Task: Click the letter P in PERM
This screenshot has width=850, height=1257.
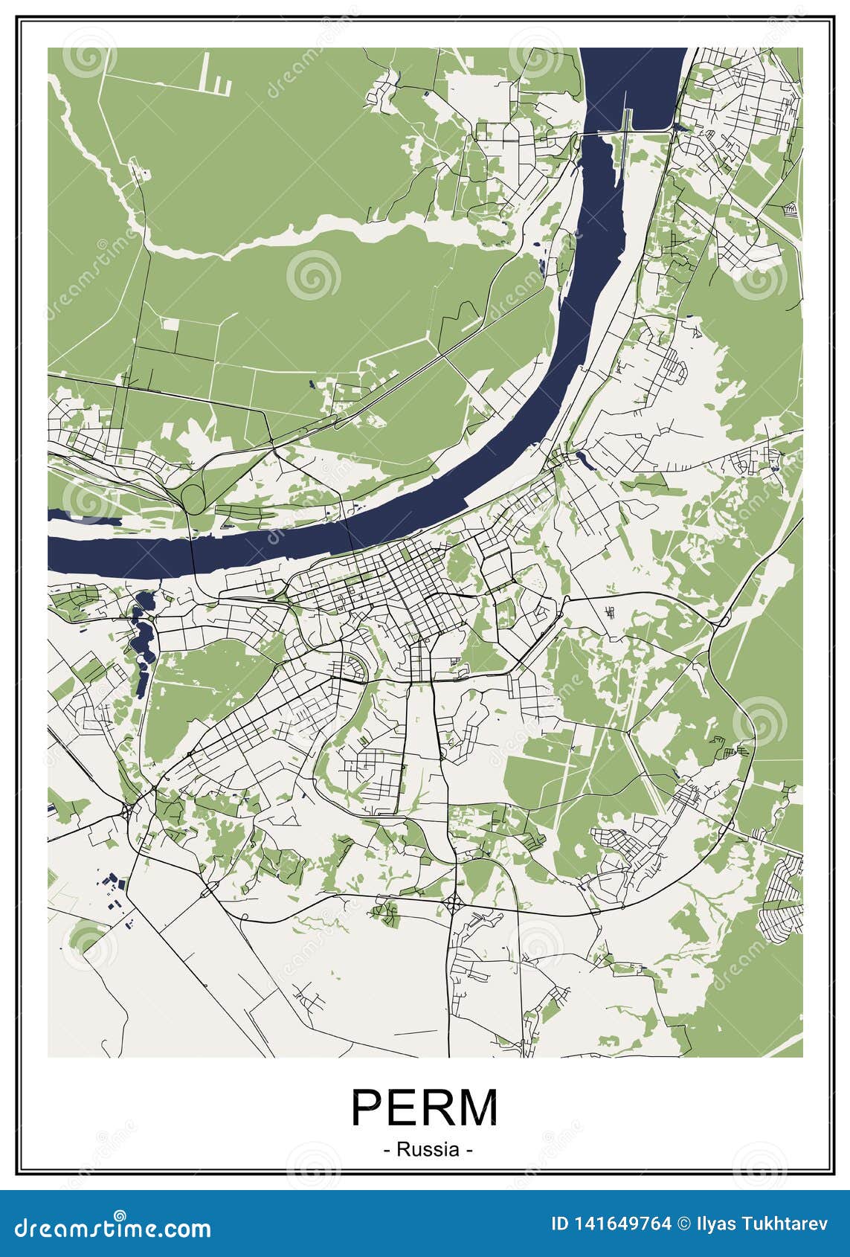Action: coord(368,1109)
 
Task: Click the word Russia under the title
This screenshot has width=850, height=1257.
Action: coord(428,1149)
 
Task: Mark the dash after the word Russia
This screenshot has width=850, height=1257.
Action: coord(469,1150)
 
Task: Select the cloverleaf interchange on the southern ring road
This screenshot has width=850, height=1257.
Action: coord(453,904)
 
